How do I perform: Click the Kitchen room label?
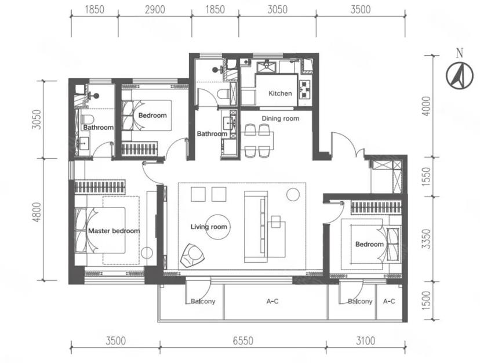coord(280,93)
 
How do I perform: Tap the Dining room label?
coord(281,118)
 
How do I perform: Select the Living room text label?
coord(209,227)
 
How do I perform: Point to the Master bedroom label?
coord(114,231)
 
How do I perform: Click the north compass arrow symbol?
coord(460,75)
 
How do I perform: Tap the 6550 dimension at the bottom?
coord(243,340)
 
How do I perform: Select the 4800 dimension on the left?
coord(37,212)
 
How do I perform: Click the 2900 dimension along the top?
coord(155,9)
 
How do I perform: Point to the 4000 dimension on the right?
coord(426,106)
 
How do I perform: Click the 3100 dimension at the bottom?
coord(366,340)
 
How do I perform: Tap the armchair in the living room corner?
coord(192,255)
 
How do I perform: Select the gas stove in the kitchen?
coord(305,89)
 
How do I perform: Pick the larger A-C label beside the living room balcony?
coord(272,302)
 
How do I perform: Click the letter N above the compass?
coord(460,53)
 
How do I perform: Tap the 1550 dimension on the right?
coord(426,177)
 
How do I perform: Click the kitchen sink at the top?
coord(266,67)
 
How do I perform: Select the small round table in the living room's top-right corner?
coord(293,194)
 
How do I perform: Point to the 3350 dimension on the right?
coord(426,239)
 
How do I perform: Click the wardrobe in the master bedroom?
coord(100,187)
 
